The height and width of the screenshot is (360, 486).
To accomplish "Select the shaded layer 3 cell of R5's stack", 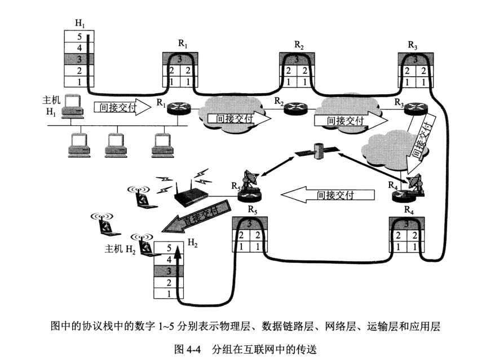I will (x=249, y=224).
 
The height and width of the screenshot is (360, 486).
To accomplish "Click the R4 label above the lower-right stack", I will (x=409, y=209).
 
